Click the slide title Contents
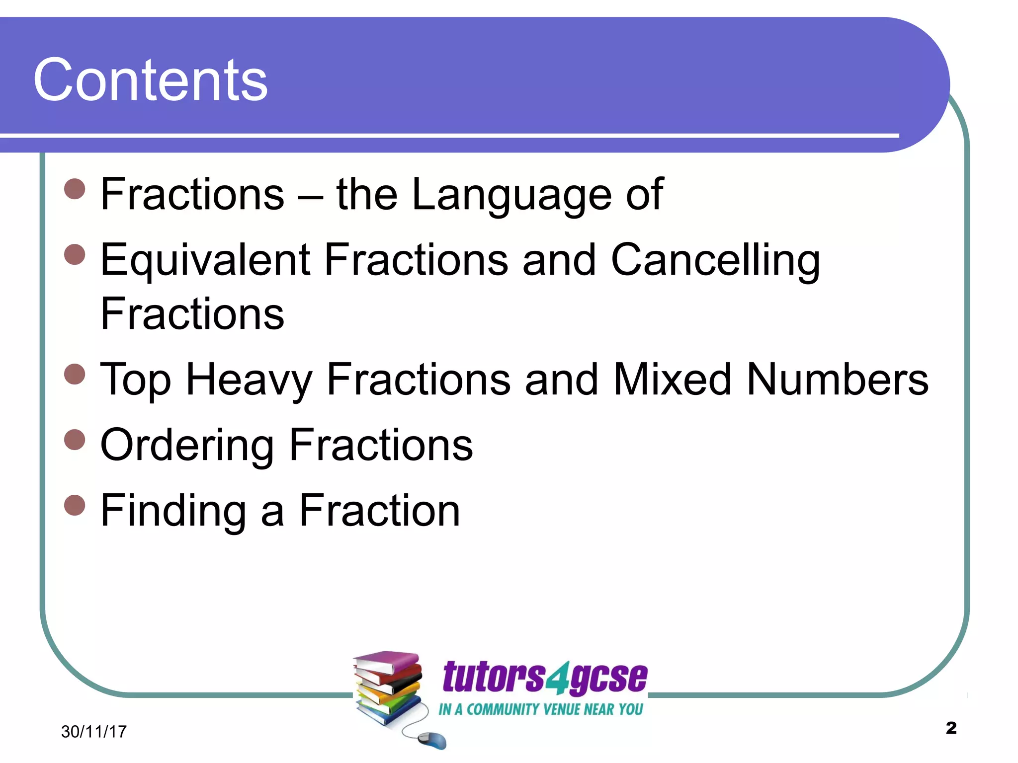click(x=150, y=79)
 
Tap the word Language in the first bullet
click(x=512, y=194)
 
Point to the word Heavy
click(x=249, y=380)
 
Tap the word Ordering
click(x=187, y=445)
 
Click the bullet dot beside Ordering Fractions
click(x=75, y=439)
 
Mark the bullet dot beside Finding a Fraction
click(x=75, y=505)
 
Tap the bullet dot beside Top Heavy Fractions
click(x=75, y=374)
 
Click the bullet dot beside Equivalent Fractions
click(x=75, y=254)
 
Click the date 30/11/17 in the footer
click(x=94, y=731)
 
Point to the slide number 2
click(x=951, y=728)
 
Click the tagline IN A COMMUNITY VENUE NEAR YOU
click(x=540, y=709)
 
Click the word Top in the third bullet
click(x=135, y=380)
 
